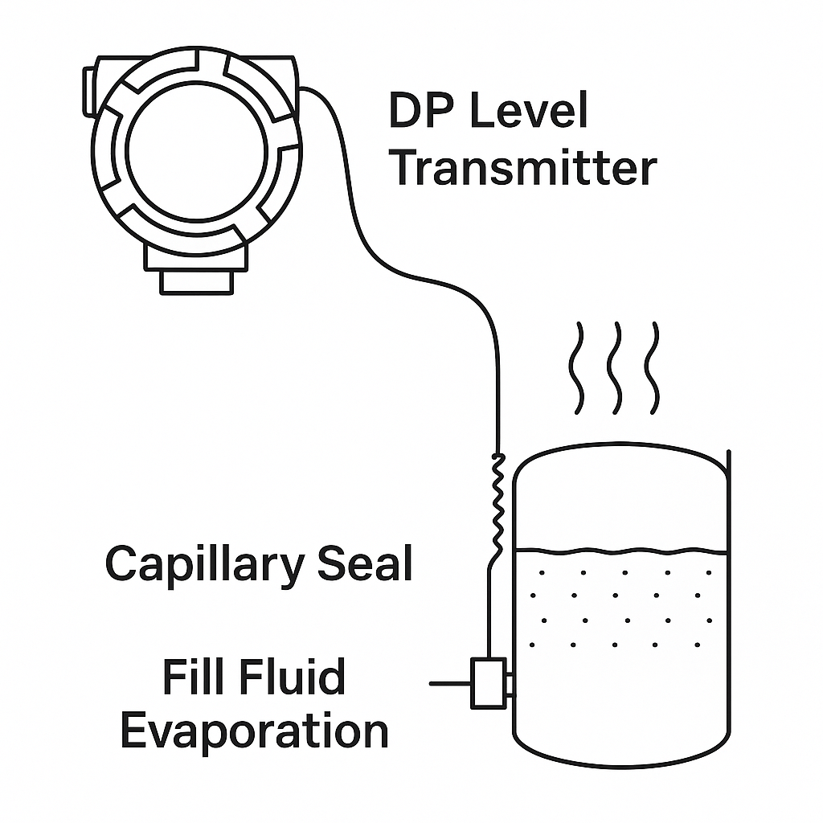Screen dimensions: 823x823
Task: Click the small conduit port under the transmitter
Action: click(196, 282)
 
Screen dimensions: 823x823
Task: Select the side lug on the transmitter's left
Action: click(88, 81)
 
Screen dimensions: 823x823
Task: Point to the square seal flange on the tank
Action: click(488, 683)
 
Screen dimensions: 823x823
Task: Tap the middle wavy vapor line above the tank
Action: click(616, 367)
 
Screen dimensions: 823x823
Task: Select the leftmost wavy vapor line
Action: click(577, 367)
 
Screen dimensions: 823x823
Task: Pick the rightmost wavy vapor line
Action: click(655, 367)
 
